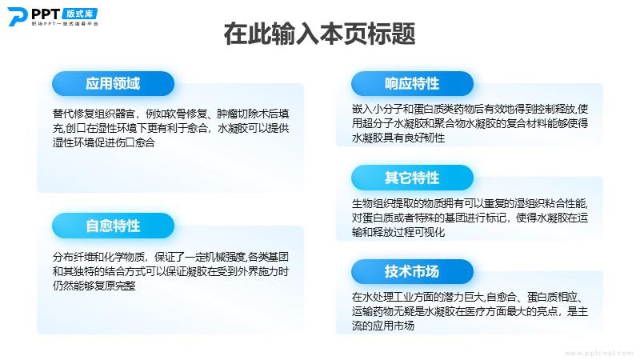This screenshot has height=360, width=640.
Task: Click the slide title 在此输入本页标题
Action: coord(319,34)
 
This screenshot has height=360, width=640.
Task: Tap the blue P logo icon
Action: coord(18,17)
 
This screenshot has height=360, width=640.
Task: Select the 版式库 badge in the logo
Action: coord(80,14)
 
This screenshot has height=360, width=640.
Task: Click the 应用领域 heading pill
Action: coord(113,84)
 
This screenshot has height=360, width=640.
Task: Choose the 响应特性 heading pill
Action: coord(412,84)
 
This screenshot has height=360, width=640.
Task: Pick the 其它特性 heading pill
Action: coord(412,178)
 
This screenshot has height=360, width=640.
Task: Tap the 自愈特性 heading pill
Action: coord(113,226)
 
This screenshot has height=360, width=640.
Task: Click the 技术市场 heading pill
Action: coord(412,271)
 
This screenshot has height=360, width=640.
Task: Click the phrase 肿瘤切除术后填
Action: coord(253,114)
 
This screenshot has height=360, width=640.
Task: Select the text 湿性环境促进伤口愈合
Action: coord(104,142)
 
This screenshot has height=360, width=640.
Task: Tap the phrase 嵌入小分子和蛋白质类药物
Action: coord(412,109)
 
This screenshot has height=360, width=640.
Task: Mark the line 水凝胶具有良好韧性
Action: coord(398,138)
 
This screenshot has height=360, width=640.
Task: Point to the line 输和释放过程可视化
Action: coord(398,232)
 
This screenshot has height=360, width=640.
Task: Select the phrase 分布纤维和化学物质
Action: coord(99,257)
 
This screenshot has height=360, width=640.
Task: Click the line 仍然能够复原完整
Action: coord(94,286)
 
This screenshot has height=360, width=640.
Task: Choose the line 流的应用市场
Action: coord(383,326)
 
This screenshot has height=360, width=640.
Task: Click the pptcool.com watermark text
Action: coord(598,353)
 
